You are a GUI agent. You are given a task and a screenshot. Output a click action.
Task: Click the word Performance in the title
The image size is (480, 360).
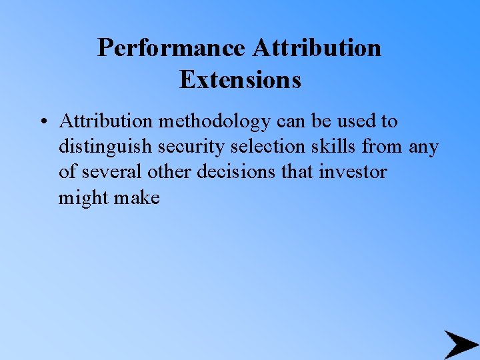[172, 49]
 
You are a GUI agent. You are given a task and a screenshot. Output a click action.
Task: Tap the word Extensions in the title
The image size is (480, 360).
[240, 80]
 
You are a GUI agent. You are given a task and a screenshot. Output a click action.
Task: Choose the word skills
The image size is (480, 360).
[331, 147]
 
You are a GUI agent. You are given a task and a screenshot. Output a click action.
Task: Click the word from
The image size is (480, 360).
[383, 147]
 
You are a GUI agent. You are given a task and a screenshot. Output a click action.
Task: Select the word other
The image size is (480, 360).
[167, 172]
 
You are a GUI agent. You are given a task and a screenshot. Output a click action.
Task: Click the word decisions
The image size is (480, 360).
[233, 172]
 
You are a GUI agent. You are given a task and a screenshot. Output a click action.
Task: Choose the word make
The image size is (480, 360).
[138, 197]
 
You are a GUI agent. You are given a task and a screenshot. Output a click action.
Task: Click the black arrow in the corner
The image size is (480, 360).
[461, 344]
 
